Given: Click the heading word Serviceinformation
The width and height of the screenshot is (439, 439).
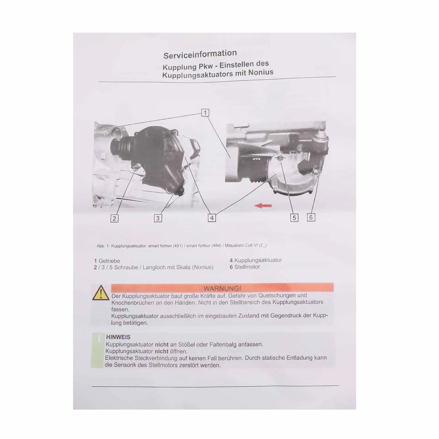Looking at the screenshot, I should pyautogui.click(x=200, y=54).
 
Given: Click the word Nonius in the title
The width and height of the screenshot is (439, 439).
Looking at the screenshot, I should pyautogui.click(x=259, y=72).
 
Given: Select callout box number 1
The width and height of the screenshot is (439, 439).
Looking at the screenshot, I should pyautogui.click(x=205, y=112).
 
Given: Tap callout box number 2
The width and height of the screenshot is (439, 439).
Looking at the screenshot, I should pyautogui.click(x=114, y=218).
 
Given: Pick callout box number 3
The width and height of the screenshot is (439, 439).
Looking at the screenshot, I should pyautogui.click(x=158, y=218).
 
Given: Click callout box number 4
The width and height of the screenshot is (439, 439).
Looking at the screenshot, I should pyautogui.click(x=212, y=218).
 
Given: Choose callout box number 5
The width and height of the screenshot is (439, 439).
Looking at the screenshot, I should pyautogui.click(x=294, y=218).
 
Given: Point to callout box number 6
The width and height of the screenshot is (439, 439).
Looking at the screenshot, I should pyautogui.click(x=311, y=217).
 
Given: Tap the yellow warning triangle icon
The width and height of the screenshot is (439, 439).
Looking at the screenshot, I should pyautogui.click(x=101, y=293).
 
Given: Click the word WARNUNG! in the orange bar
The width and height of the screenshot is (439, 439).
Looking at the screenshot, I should pyautogui.click(x=222, y=288).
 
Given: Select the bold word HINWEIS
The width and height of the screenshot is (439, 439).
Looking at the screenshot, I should pyautogui.click(x=118, y=337).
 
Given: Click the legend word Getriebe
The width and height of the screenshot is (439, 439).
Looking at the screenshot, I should pyautogui.click(x=110, y=261).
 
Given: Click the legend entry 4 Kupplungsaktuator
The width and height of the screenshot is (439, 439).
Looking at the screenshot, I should pyautogui.click(x=256, y=260).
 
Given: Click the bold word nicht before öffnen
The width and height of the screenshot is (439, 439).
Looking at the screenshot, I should pyautogui.click(x=157, y=351).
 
